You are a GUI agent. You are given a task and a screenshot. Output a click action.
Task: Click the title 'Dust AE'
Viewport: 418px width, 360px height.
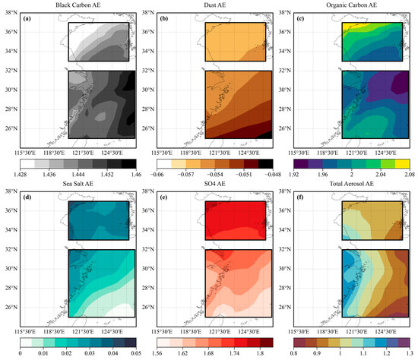205,5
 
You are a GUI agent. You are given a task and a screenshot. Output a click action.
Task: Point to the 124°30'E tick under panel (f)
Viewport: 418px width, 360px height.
388,330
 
